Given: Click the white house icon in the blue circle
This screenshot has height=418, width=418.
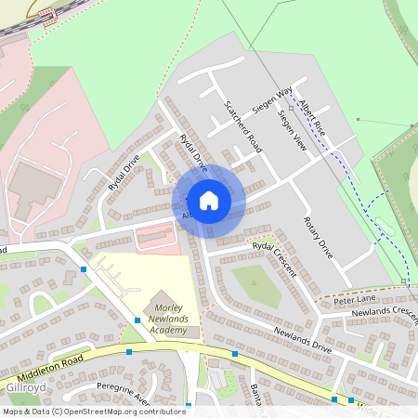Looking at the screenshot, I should click(209, 200).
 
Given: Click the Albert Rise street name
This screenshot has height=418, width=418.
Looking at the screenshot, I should click(310, 113).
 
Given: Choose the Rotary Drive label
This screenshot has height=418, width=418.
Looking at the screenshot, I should click(317, 236).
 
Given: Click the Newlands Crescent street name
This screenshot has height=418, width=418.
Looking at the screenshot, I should click(385, 313).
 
